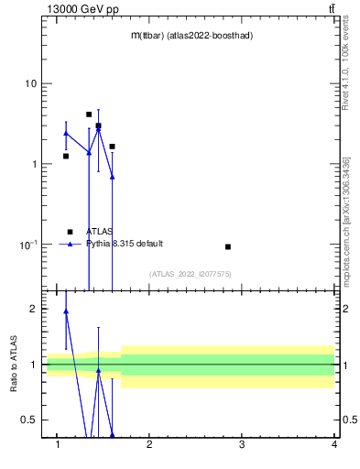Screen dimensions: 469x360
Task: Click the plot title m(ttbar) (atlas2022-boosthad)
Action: (x=191, y=36)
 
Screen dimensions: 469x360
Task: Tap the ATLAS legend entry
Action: (x=100, y=232)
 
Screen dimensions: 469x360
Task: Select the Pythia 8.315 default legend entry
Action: (x=124, y=244)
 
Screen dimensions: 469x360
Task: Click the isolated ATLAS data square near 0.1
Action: (x=228, y=246)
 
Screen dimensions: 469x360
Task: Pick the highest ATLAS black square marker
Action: (x=89, y=115)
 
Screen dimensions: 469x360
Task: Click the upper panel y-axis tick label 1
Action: (x=34, y=165)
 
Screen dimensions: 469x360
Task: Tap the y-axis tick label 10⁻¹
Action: (x=29, y=245)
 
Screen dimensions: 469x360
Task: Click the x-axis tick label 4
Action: (x=334, y=446)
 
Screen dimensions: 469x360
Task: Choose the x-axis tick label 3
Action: (x=242, y=446)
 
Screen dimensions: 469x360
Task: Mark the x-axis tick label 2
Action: (x=149, y=446)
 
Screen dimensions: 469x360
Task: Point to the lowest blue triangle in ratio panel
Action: (x=112, y=434)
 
